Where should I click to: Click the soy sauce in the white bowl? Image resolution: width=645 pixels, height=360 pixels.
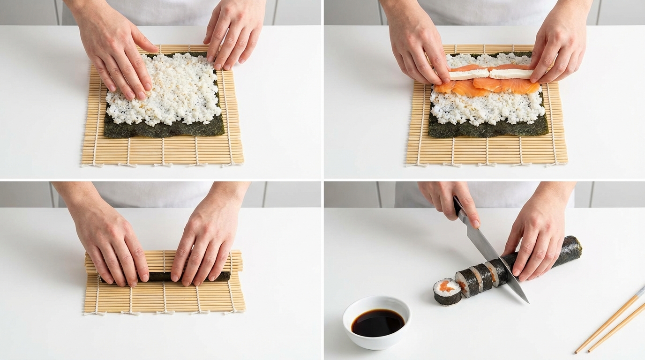tap(377, 323)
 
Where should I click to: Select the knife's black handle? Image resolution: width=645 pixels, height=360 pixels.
tap(458, 206)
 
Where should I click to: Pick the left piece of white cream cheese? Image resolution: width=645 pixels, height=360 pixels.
tap(469, 74)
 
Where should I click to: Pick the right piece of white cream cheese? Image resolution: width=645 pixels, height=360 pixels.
tap(511, 74)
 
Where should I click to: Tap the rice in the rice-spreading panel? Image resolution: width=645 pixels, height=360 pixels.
tap(164, 94)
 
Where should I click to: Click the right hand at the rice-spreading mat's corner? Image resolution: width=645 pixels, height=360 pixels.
tap(234, 35)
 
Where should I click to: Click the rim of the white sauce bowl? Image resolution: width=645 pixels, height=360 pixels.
tap(376, 300)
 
